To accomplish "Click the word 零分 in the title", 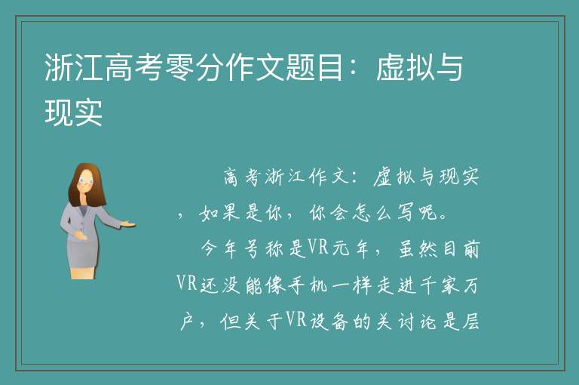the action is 180,67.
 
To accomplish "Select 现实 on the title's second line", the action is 73,112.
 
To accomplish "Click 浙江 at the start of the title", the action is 73,67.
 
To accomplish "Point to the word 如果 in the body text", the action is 219,213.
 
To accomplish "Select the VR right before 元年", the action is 318,247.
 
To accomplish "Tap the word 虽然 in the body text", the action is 418,249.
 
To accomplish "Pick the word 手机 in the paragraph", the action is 308,286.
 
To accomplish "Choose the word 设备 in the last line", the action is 329,322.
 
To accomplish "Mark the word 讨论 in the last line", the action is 418,322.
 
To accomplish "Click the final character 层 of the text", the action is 470,322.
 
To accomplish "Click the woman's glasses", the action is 86,181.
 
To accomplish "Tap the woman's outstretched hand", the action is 129,223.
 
